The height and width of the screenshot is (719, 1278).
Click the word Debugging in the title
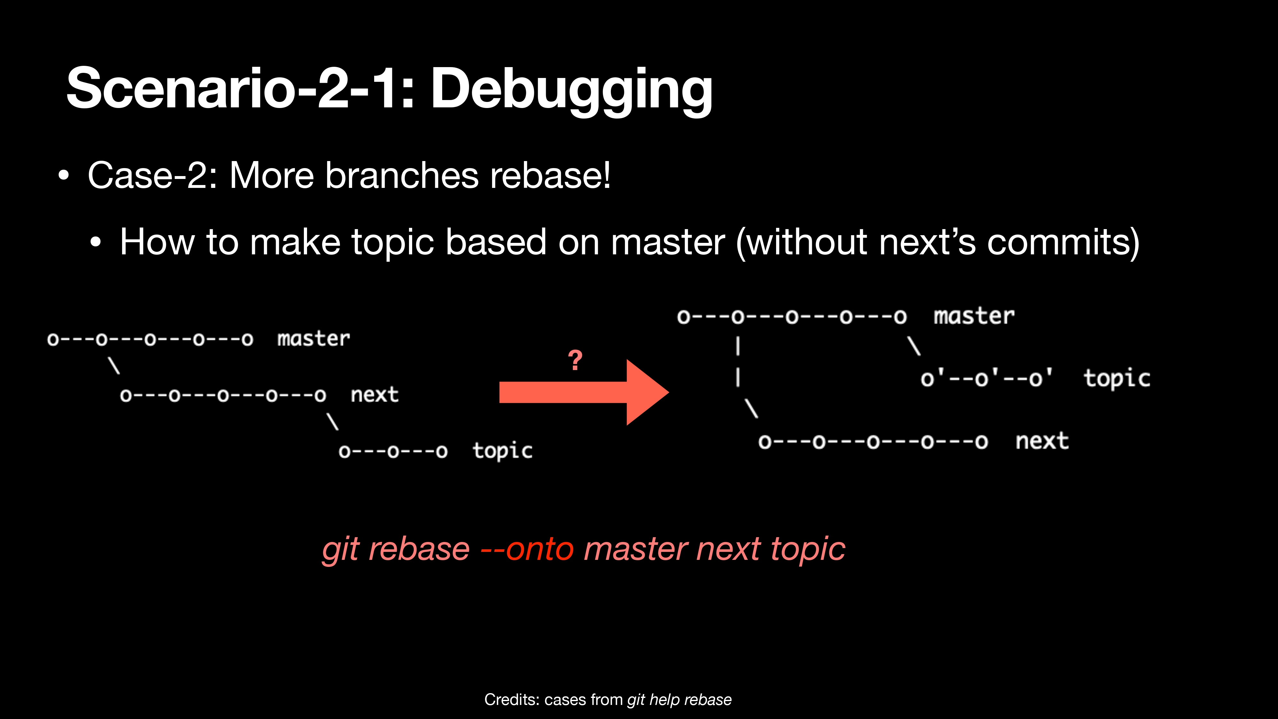(x=572, y=90)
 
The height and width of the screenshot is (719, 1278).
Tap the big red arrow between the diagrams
(x=584, y=392)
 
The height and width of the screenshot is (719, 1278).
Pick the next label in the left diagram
(x=374, y=394)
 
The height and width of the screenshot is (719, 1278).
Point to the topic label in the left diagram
(x=503, y=451)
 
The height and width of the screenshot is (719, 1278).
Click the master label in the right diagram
(x=974, y=316)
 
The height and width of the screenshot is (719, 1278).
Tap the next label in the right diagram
(x=1042, y=441)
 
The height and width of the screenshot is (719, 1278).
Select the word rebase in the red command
(x=419, y=549)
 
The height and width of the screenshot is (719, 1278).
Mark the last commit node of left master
(x=247, y=339)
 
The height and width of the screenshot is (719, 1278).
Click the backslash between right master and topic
(x=914, y=346)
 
